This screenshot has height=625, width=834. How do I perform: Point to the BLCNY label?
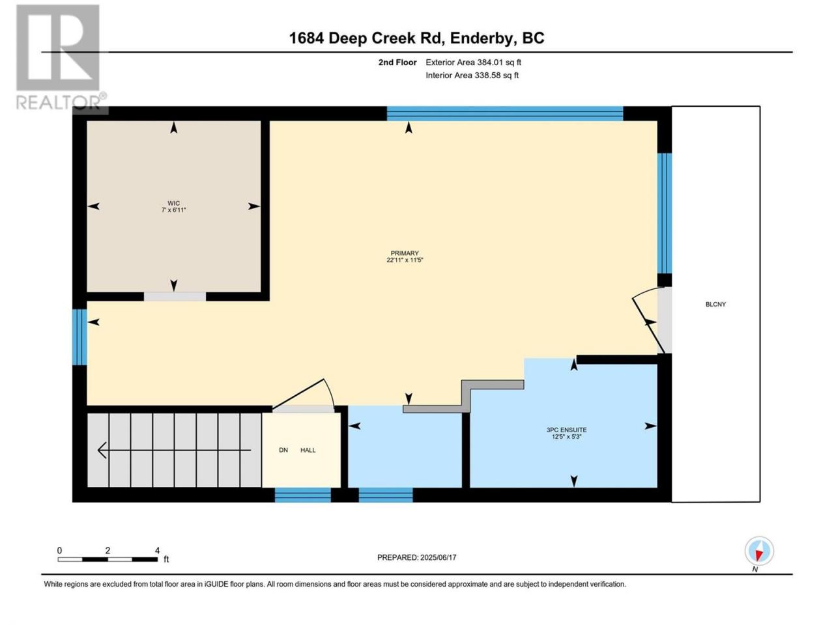[715, 304]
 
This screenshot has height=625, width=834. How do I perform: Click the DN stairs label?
[283, 450]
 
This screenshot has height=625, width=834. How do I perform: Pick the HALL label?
[308, 450]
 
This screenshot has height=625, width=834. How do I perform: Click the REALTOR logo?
[61, 58]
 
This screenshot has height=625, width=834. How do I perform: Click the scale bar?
[108, 559]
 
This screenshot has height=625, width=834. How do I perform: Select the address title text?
[416, 38]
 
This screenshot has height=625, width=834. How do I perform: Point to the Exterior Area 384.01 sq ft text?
[473, 62]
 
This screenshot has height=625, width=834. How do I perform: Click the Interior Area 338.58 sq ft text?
[472, 75]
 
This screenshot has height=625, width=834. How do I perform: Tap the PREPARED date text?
[417, 557]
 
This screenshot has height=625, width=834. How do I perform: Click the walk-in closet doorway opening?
[175, 297]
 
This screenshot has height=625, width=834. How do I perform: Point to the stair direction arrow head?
[102, 451]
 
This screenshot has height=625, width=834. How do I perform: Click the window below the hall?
[303, 495]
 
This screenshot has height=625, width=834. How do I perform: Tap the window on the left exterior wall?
[79, 337]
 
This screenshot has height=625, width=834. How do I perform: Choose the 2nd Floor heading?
[397, 62]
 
